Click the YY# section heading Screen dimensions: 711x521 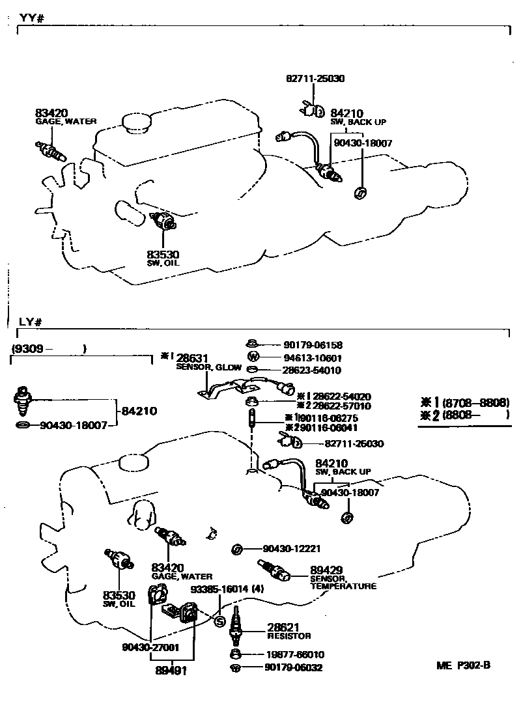click(31, 19)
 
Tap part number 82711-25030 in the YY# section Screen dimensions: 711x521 click(315, 78)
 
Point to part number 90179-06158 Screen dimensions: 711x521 click(313, 345)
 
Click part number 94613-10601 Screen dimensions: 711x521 click(313, 358)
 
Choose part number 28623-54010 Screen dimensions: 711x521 click(313, 370)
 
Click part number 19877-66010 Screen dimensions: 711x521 click(294, 654)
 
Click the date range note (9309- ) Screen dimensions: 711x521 click(49, 349)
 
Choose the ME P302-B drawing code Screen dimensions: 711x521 click(463, 666)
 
